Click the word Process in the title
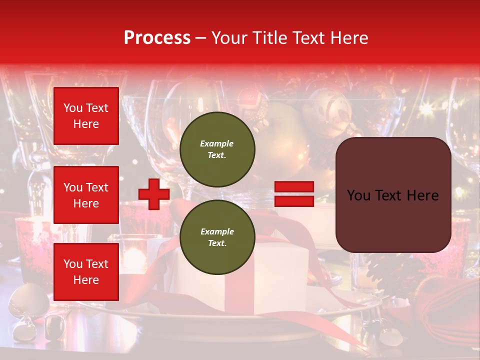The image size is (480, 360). click(x=157, y=38)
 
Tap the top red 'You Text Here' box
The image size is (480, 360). click(x=86, y=116)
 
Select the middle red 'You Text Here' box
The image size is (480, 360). click(x=86, y=195)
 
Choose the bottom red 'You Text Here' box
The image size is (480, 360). click(x=86, y=272)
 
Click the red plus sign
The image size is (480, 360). click(x=154, y=194)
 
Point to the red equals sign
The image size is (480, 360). click(x=294, y=194)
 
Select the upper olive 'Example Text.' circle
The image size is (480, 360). click(x=217, y=149)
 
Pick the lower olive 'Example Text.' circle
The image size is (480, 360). click(x=217, y=237)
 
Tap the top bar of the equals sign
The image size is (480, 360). click(x=294, y=187)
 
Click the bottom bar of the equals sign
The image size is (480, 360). click(x=294, y=201)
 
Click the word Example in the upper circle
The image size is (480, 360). click(x=217, y=143)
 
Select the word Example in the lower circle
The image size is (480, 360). click(x=217, y=231)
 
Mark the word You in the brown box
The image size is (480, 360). click(x=358, y=195)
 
